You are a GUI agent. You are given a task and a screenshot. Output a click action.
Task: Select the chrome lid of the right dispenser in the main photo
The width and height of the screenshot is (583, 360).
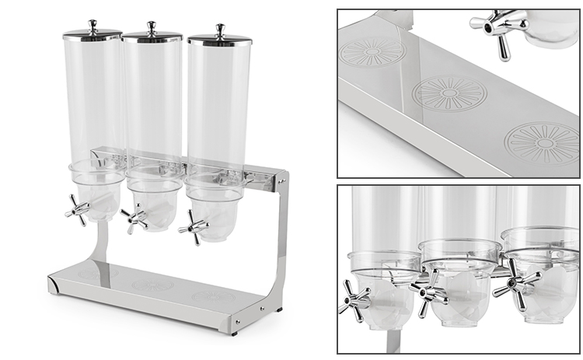tap(219, 39)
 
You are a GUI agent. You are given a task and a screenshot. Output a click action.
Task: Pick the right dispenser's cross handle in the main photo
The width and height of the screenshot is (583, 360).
tap(193, 227)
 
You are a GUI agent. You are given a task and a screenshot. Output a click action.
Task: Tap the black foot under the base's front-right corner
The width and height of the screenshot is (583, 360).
tap(233, 330)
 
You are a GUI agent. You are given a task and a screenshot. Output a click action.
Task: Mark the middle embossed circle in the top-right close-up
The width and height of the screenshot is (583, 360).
tap(449, 93)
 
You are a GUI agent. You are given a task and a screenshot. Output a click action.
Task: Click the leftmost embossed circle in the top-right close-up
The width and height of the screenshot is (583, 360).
tap(372, 52)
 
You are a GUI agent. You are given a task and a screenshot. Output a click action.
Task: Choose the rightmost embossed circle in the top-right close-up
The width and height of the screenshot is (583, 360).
tap(542, 142)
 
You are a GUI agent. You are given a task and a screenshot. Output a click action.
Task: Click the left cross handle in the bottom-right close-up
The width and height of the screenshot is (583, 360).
tap(354, 299)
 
